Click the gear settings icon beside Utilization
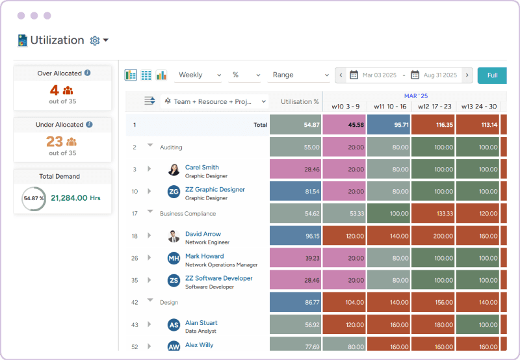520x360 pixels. tap(95, 40)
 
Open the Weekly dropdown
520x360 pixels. tap(198, 75)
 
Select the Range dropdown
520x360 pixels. tap(299, 75)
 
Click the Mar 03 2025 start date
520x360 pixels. tap(380, 75)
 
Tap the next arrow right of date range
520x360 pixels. tap(467, 75)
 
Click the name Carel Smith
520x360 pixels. tap(201, 167)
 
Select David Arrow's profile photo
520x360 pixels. tap(174, 236)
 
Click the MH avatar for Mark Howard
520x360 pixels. tap(174, 259)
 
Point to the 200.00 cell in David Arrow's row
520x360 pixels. tap(433, 236)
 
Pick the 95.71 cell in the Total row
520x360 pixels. tap(388, 125)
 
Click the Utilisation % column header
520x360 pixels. tap(300, 102)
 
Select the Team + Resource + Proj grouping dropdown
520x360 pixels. tap(215, 102)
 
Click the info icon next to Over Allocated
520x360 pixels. tap(88, 73)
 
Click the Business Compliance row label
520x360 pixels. tap(188, 214)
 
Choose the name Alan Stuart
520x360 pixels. tap(201, 323)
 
